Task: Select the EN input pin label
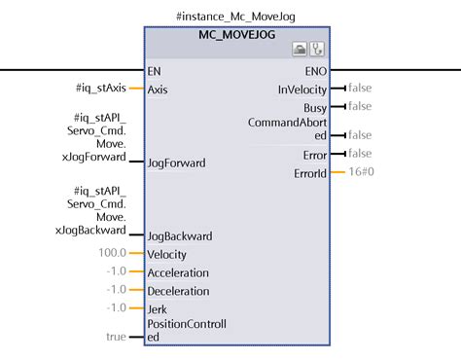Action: pyautogui.click(x=155, y=71)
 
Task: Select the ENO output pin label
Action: pyautogui.click(x=313, y=71)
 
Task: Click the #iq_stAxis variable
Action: pyautogui.click(x=100, y=89)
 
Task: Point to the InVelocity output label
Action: pyautogui.click(x=301, y=89)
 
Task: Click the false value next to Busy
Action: pyautogui.click(x=360, y=105)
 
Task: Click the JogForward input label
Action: pyautogui.click(x=176, y=162)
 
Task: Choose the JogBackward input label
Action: pyautogui.click(x=180, y=235)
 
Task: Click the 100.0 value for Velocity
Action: pyautogui.click(x=112, y=252)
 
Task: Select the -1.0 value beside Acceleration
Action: pyautogui.click(x=118, y=271)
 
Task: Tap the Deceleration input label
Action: pyautogui.click(x=179, y=290)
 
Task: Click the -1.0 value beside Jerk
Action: pyautogui.click(x=118, y=307)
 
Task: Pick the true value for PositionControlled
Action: pyautogui.click(x=117, y=336)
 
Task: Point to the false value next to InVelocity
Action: pyautogui.click(x=360, y=89)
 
